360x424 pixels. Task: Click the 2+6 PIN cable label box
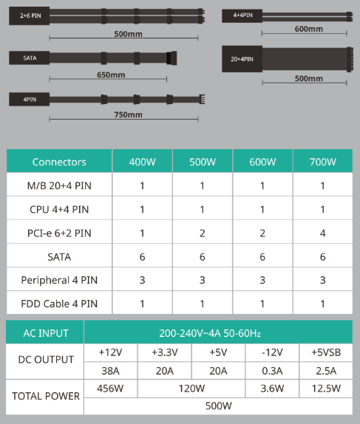(x=30, y=16)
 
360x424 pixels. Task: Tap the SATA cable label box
(x=30, y=58)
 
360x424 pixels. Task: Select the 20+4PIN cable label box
(x=242, y=59)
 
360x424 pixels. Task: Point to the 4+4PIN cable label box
(x=242, y=16)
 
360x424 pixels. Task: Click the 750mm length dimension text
(x=128, y=114)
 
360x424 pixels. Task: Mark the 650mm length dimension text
(x=111, y=75)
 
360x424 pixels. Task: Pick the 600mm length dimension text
(x=308, y=29)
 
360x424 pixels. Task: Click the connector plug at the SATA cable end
(x=171, y=58)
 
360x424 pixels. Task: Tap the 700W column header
(x=322, y=162)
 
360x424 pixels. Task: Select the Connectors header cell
(x=59, y=162)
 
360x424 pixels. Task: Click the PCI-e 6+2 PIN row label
(x=59, y=233)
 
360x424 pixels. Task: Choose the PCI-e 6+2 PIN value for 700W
(x=322, y=233)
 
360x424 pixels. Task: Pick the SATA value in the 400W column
(x=142, y=257)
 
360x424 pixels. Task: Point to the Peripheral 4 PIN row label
(x=59, y=280)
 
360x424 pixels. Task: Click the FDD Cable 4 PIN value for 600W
(x=262, y=304)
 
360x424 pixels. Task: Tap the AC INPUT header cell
(x=46, y=333)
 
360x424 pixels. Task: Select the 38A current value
(x=110, y=371)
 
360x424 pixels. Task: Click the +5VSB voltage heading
(x=326, y=352)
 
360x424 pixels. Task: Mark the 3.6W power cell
(x=272, y=389)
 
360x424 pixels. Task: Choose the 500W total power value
(x=218, y=406)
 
